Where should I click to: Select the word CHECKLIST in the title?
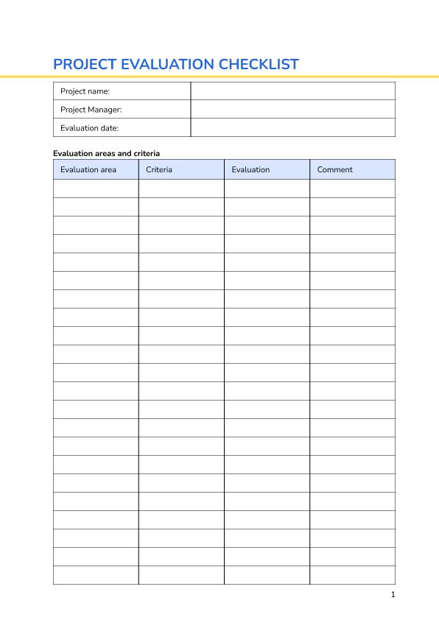coord(259,64)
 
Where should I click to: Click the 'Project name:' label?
coord(85,91)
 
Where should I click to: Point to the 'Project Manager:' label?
coord(91,110)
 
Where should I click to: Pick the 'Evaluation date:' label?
coord(89,128)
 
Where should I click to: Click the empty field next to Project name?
coord(292,91)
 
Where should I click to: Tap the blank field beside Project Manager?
coord(292,110)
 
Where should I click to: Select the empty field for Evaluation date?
coord(292,128)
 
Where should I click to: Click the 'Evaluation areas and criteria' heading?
coord(106,153)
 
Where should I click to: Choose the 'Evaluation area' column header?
coord(88,169)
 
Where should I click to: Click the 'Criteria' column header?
coord(159,169)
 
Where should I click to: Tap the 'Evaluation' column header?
coord(250,169)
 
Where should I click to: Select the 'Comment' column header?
coord(334,169)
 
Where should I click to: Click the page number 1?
coord(393,594)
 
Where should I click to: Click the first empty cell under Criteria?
coord(181,189)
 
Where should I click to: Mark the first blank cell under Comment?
coord(352,189)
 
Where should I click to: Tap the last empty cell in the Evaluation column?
coord(267,575)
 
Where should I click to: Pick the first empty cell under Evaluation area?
coord(96,189)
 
